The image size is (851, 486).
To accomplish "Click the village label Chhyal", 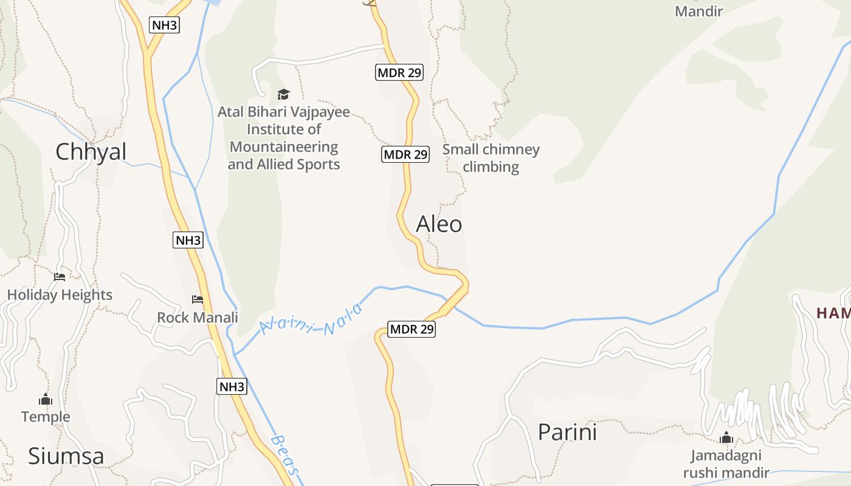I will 91,152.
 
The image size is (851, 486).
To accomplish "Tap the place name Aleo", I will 439,224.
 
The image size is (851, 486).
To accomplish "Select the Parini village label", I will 567,432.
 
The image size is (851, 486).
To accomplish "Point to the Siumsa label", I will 66,456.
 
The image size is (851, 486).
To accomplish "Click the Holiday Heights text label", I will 60,295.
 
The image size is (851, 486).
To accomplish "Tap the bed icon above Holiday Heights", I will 60,277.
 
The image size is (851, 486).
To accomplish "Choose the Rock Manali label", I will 198,317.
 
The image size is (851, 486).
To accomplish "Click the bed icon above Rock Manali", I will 198,299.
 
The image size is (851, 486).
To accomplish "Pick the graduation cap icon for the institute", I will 283,94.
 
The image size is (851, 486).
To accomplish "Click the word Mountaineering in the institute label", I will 283,147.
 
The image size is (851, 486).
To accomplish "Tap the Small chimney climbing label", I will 491,158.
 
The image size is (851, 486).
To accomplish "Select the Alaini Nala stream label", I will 311,320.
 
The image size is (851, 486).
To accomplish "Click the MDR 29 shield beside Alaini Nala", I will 412,329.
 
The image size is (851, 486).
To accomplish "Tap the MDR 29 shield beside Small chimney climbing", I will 405,154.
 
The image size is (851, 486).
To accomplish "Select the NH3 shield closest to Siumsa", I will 232,386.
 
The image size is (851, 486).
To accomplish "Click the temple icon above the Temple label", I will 46,399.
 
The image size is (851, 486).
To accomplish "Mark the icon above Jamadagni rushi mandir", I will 726,437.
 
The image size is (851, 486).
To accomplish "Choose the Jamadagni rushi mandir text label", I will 726,464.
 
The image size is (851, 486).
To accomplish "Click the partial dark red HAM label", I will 833,313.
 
